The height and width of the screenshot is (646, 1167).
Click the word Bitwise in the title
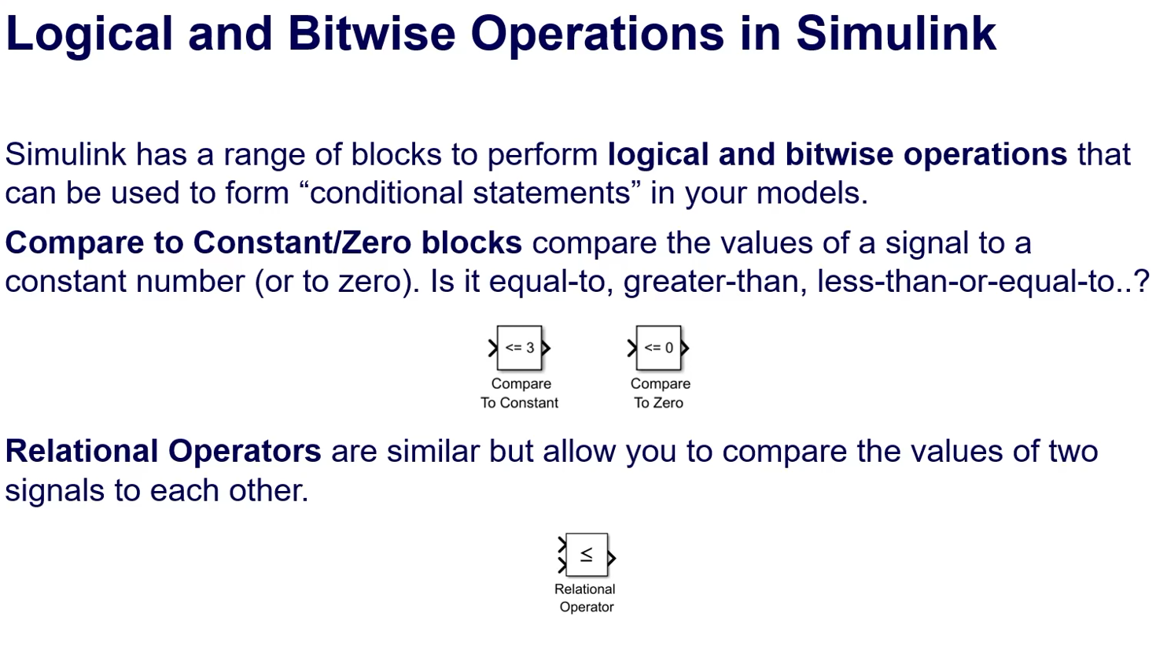coord(371,34)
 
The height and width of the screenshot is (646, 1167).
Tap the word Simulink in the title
coord(896,34)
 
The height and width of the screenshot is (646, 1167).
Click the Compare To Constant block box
coord(520,348)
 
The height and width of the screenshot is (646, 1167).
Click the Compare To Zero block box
coord(658,348)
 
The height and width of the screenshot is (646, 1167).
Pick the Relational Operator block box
coord(587,555)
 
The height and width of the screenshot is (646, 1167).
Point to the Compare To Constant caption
coord(520,393)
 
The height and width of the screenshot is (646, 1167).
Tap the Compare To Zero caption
coord(660,393)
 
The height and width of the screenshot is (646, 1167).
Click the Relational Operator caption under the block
coord(585,598)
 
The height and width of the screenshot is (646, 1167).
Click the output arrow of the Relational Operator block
coord(612,558)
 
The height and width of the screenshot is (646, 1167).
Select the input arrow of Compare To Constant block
coord(493,348)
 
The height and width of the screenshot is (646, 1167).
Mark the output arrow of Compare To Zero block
coord(685,348)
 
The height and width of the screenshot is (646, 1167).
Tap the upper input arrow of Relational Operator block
coord(561,544)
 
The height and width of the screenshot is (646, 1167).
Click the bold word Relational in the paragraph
coord(81,451)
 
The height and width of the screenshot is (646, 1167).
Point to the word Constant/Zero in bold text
coord(302,242)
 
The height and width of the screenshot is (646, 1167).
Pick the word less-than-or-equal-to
coord(967,282)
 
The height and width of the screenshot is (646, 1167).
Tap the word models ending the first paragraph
coord(812,193)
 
